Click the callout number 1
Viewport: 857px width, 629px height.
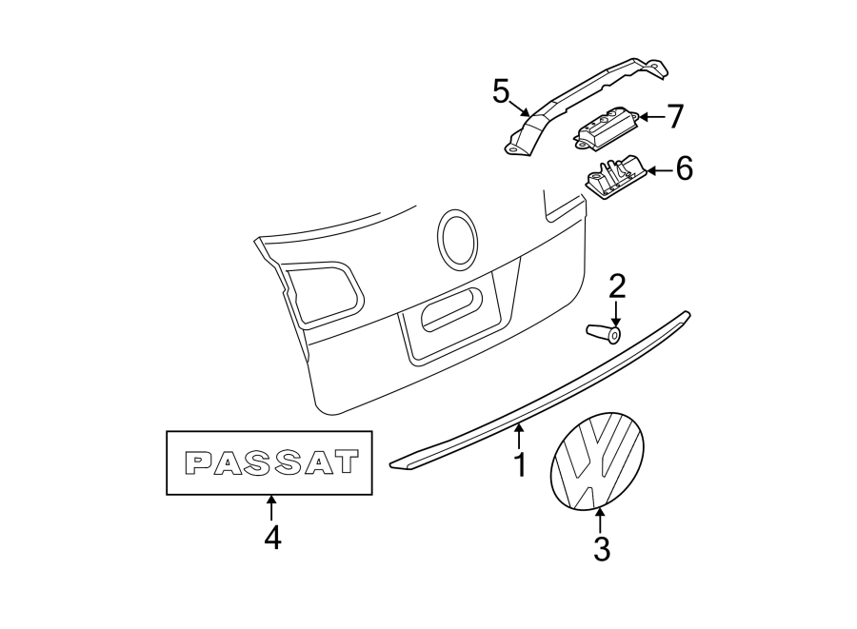[519, 465]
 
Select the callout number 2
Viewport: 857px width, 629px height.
[617, 285]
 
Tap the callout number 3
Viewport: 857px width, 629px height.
[601, 549]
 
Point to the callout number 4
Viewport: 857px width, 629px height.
[272, 538]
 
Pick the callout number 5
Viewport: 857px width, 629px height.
[502, 91]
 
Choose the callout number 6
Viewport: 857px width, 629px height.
[684, 170]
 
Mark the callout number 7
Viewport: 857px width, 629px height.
[674, 117]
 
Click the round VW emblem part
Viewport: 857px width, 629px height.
[597, 463]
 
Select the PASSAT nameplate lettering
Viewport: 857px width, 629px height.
[272, 462]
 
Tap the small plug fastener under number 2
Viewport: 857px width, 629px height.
[603, 334]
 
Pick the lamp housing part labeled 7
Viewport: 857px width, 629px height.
[604, 126]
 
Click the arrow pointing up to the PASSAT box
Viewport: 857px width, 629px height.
[272, 507]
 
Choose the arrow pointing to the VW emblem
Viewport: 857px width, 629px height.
[600, 522]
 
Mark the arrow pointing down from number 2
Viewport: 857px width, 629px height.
[617, 313]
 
